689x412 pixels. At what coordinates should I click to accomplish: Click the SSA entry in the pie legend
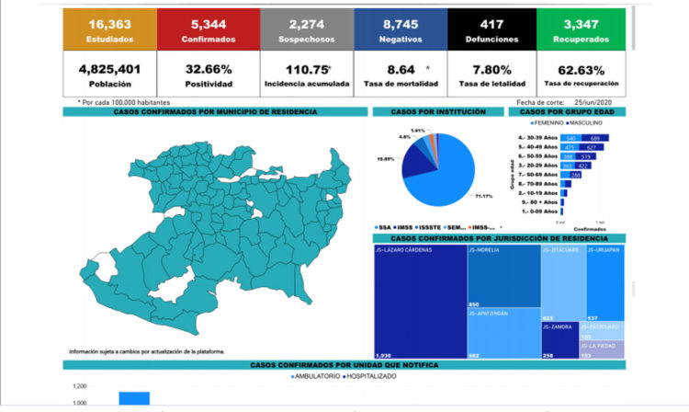coord(385,226)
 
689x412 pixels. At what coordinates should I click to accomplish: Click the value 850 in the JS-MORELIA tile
coord(474,304)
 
